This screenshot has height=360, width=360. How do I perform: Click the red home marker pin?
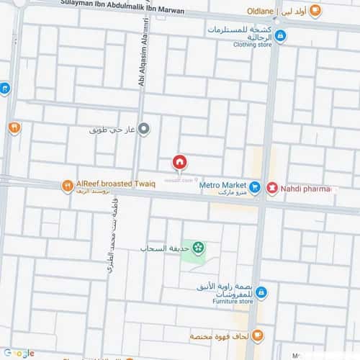coord(179,163)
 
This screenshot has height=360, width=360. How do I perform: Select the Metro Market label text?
coord(222,185)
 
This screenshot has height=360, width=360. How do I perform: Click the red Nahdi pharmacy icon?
coord(272,188)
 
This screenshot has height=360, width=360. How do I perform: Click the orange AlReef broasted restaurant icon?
coord(67,185)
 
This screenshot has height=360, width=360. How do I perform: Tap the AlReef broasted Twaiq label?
coord(108,183)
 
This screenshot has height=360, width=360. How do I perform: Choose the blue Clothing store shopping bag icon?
coord(280,35)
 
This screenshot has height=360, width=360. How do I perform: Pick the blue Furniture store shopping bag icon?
coord(261,292)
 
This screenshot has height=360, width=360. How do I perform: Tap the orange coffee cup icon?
coord(258,336)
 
